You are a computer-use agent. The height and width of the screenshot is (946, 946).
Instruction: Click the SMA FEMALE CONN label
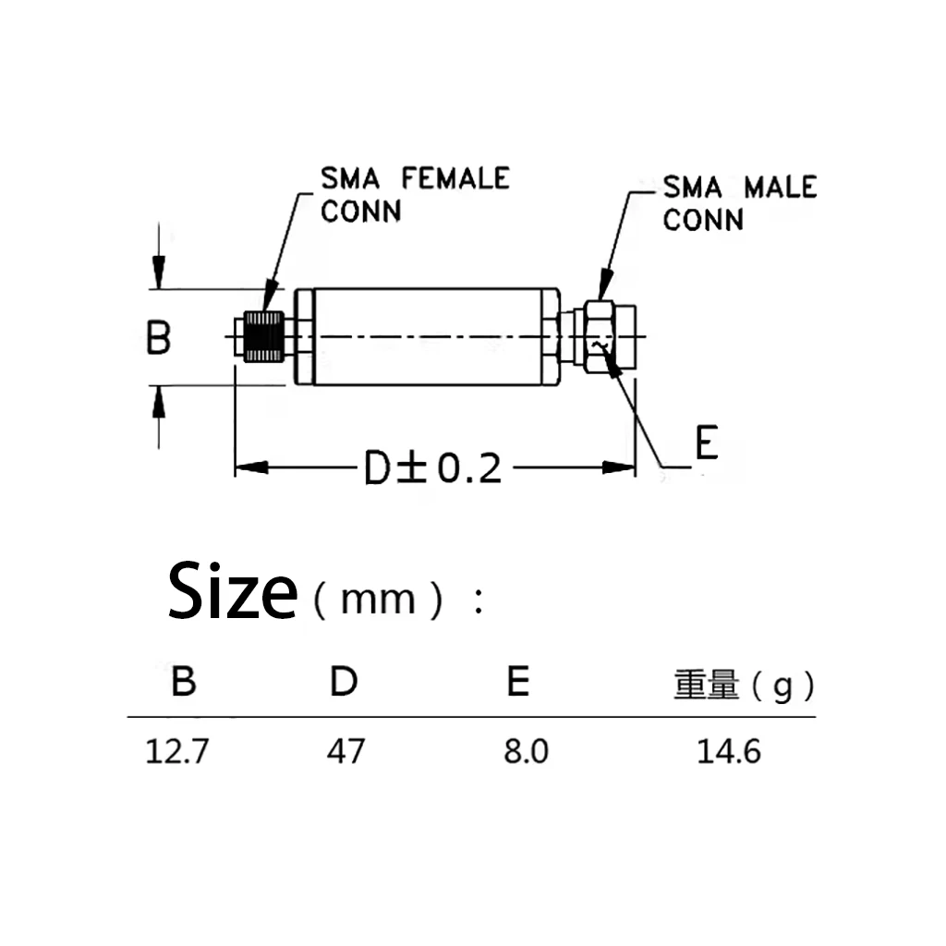click(414, 193)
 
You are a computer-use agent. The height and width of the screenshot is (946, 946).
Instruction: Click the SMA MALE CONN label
click(739, 203)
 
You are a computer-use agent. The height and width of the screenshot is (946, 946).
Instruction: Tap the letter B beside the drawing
click(159, 338)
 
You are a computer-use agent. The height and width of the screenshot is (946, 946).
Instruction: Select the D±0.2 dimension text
click(431, 469)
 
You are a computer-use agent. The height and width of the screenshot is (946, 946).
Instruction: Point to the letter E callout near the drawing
click(706, 444)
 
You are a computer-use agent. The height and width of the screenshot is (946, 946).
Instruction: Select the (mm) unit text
click(378, 600)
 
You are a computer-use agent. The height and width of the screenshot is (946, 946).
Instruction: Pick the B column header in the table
click(183, 683)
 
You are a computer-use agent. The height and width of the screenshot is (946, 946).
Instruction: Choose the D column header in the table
click(344, 683)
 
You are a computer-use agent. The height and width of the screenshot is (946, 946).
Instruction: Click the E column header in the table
click(518, 683)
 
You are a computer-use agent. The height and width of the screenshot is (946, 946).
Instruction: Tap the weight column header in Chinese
click(743, 685)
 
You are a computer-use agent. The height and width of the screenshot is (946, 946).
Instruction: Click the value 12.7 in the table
click(176, 751)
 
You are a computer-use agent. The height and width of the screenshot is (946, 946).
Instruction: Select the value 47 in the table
click(346, 751)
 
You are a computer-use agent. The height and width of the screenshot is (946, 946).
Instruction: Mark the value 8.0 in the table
click(526, 751)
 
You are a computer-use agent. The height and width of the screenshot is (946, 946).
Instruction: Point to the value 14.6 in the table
click(729, 751)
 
